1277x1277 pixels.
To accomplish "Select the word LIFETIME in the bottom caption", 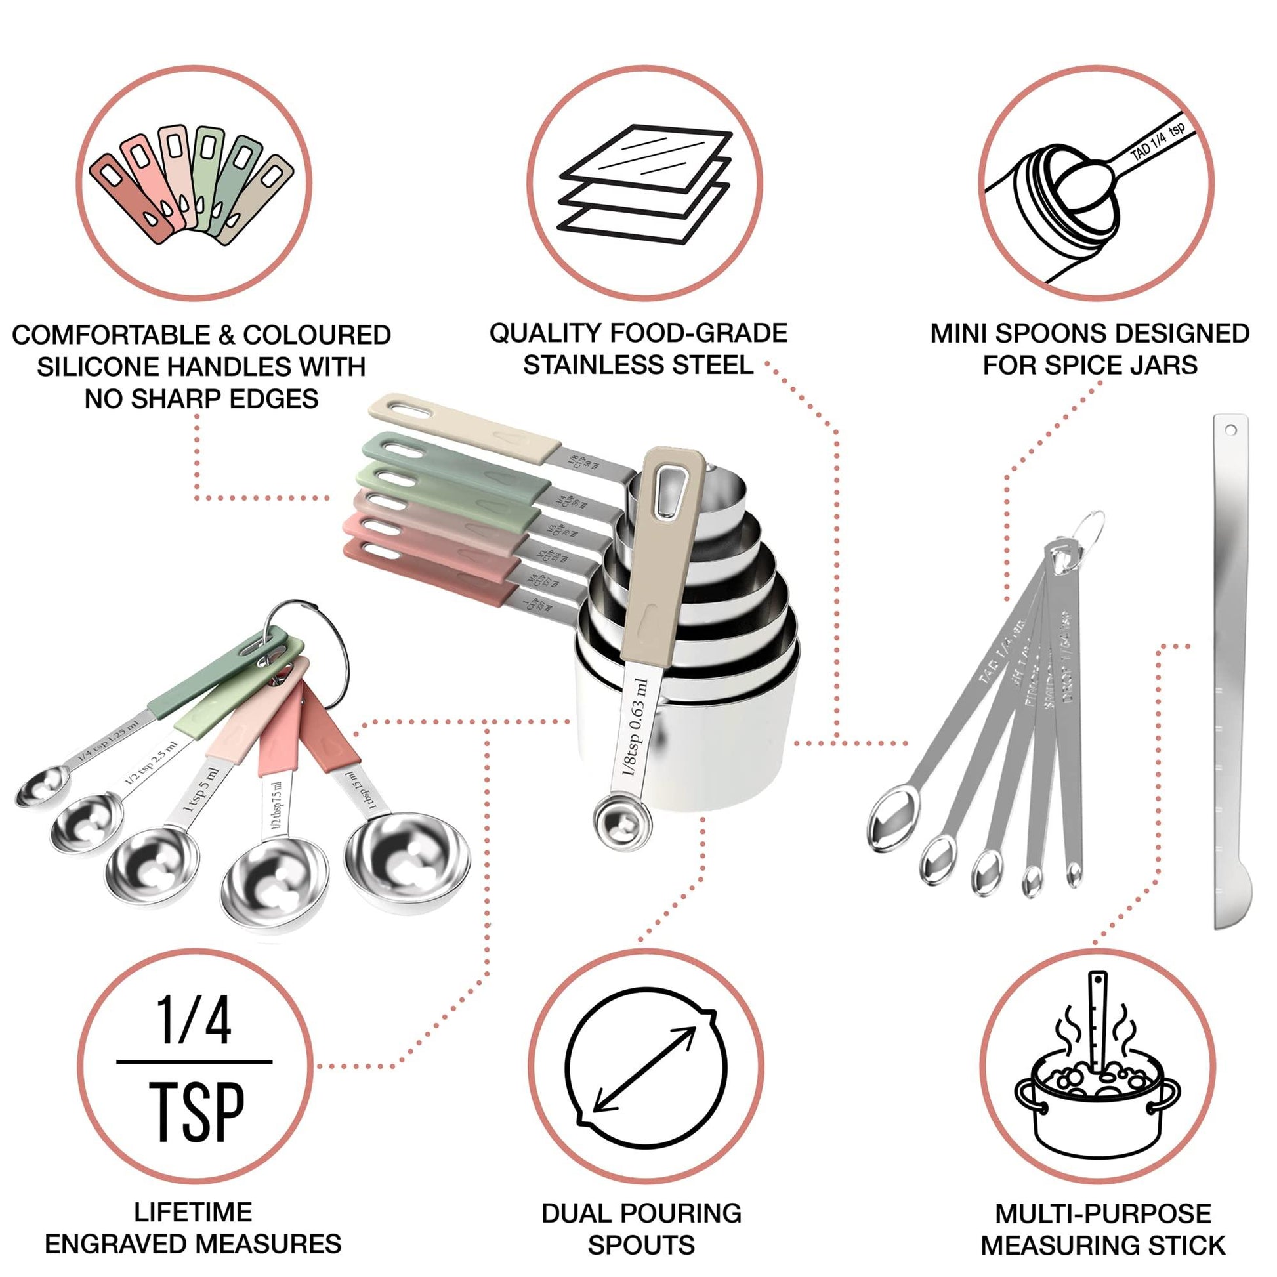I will pos(193,1212).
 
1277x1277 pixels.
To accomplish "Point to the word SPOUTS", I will pos(641,1246).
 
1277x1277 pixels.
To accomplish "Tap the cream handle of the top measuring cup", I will pos(463,427).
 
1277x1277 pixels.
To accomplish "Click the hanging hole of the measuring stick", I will pos(1230,430).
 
